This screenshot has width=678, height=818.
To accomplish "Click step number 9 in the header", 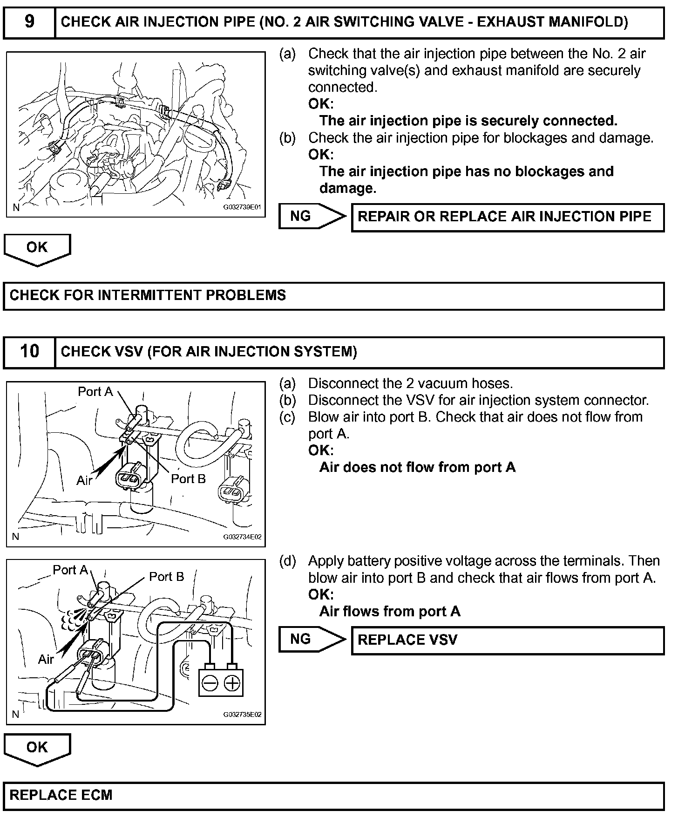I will tap(29, 22).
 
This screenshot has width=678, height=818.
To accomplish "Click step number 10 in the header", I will tap(29, 351).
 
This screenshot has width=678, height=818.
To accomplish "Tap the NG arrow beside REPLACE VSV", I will tap(311, 639).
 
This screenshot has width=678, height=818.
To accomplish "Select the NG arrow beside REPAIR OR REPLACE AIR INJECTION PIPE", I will tap(311, 216).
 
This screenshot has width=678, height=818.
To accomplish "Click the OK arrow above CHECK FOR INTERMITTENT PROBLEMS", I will tap(37, 248).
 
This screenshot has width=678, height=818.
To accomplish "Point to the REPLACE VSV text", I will tap(407, 640).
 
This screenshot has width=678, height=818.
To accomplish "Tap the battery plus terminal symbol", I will tap(231, 683).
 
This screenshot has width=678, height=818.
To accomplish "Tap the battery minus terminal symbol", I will tap(210, 683).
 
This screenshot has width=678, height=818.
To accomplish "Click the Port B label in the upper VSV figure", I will tap(188, 479).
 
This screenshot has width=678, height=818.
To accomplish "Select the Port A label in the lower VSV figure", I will tap(70, 570).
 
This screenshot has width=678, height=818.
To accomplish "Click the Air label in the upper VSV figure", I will tap(84, 480).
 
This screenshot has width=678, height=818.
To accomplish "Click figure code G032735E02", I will tap(242, 715).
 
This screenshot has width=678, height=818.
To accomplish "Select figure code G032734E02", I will tap(242, 537).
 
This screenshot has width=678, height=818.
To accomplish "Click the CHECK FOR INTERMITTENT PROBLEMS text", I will tap(148, 295).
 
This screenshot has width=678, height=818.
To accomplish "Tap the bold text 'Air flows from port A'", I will tap(390, 611).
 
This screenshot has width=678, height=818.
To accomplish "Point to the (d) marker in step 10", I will tap(287, 561).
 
